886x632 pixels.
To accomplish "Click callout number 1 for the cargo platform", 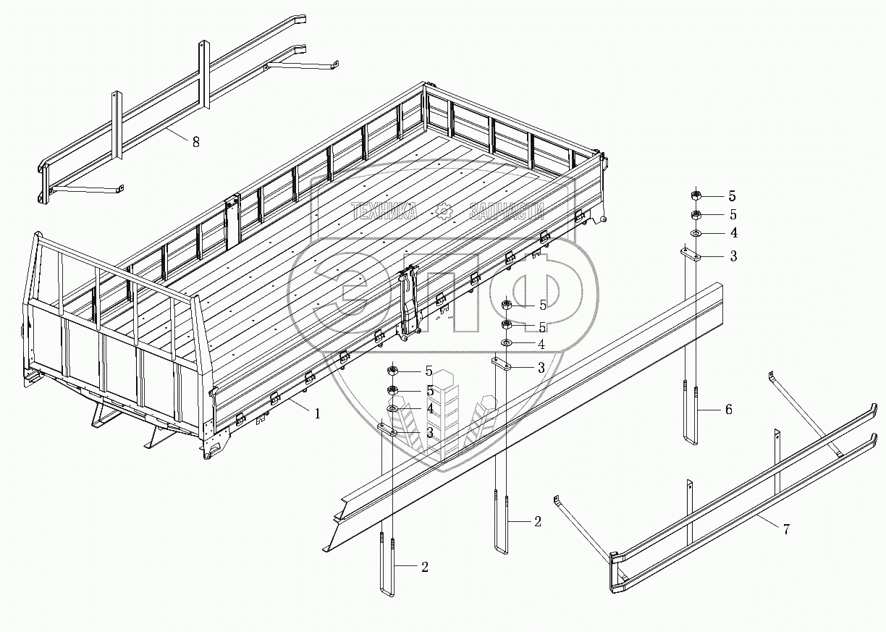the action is click(x=316, y=413).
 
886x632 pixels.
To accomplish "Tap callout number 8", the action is click(x=195, y=142).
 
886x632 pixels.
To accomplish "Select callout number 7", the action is click(x=785, y=529).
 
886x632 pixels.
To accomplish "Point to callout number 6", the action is click(x=728, y=410).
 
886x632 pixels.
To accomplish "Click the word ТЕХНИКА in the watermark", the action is click(x=384, y=211).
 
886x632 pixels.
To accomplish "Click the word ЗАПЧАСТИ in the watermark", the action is click(x=507, y=211).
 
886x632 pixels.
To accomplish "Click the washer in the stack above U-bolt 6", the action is click(x=695, y=233).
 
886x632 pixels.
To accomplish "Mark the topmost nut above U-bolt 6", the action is click(x=695, y=195).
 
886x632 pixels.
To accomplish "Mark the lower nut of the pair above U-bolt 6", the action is click(x=695, y=214).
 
